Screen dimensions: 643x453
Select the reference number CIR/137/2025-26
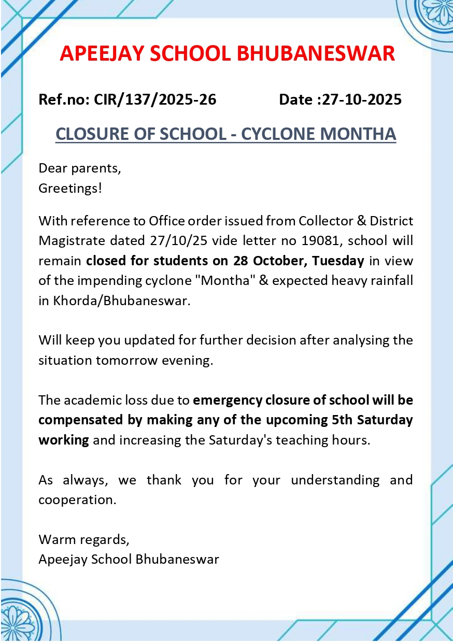pos(155,99)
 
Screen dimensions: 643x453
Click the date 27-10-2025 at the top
pos(362,99)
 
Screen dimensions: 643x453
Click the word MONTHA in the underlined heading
pos(358,134)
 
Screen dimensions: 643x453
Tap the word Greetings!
pos(70,188)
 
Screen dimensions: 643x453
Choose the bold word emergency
pos(227,400)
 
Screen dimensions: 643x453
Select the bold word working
pos(64,440)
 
